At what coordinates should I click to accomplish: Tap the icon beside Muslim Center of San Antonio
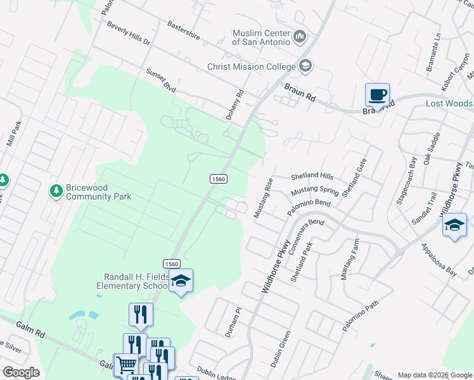point(300,37)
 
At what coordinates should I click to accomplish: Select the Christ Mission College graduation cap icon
point(305,66)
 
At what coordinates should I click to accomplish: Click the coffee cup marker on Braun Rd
point(378,95)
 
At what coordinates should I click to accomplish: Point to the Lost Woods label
point(449,103)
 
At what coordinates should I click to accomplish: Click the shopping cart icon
point(125,365)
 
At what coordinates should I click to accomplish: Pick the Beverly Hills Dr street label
point(128,34)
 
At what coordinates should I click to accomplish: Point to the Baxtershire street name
point(184,30)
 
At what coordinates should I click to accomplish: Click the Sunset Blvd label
point(160,80)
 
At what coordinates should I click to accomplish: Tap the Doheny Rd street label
point(235,105)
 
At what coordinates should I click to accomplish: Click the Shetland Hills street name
point(312,176)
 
